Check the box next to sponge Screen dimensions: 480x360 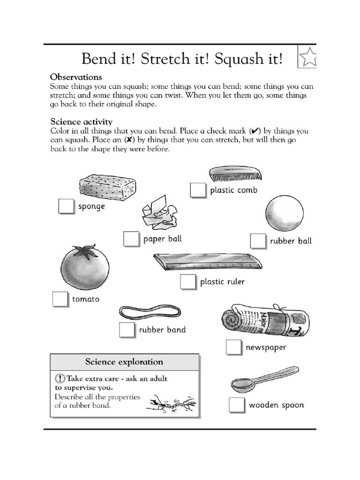(x=66, y=206)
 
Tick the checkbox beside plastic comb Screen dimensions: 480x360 (x=198, y=190)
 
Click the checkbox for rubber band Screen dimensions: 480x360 (x=127, y=330)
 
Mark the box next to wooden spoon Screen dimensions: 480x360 (x=237, y=405)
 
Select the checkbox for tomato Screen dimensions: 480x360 (x=60, y=299)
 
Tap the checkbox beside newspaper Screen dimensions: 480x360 (x=233, y=347)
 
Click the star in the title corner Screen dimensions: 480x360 (x=308, y=58)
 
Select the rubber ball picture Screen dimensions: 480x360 (x=284, y=214)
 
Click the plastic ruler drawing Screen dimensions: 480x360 (x=207, y=262)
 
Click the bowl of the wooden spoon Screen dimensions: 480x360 (x=243, y=385)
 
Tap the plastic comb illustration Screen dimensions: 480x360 (x=235, y=174)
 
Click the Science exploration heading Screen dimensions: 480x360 (x=124, y=362)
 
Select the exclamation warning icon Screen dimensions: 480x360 (x=60, y=379)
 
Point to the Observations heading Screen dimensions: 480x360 (x=76, y=76)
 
